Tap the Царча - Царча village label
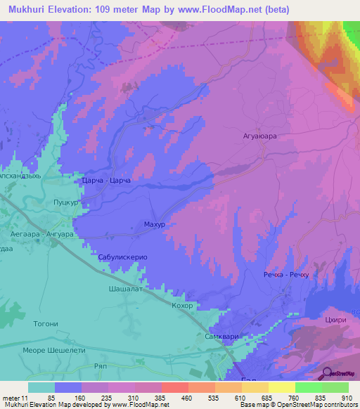[106, 181]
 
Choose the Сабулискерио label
[122, 258]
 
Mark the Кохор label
[182, 307]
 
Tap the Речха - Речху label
[286, 275]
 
